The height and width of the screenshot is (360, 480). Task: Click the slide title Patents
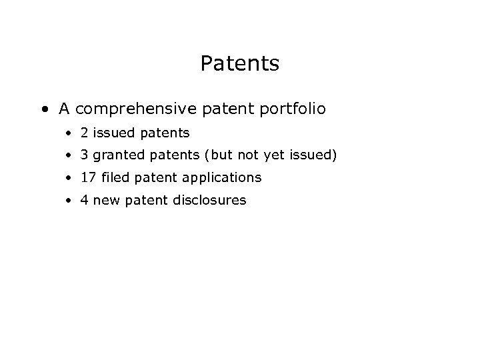coord(239,64)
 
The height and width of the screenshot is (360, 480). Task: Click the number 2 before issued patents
coord(85,133)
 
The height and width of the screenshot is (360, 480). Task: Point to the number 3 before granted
coord(85,155)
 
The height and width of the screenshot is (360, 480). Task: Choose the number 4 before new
coord(85,199)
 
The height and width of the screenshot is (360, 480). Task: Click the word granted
coord(114,156)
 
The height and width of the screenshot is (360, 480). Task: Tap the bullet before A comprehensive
coord(43,109)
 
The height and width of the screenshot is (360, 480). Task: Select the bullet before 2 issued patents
coord(69,134)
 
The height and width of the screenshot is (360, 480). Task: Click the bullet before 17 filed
coord(69,178)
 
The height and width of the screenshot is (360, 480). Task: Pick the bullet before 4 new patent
coord(69,200)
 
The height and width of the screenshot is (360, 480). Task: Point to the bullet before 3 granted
coord(69,156)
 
